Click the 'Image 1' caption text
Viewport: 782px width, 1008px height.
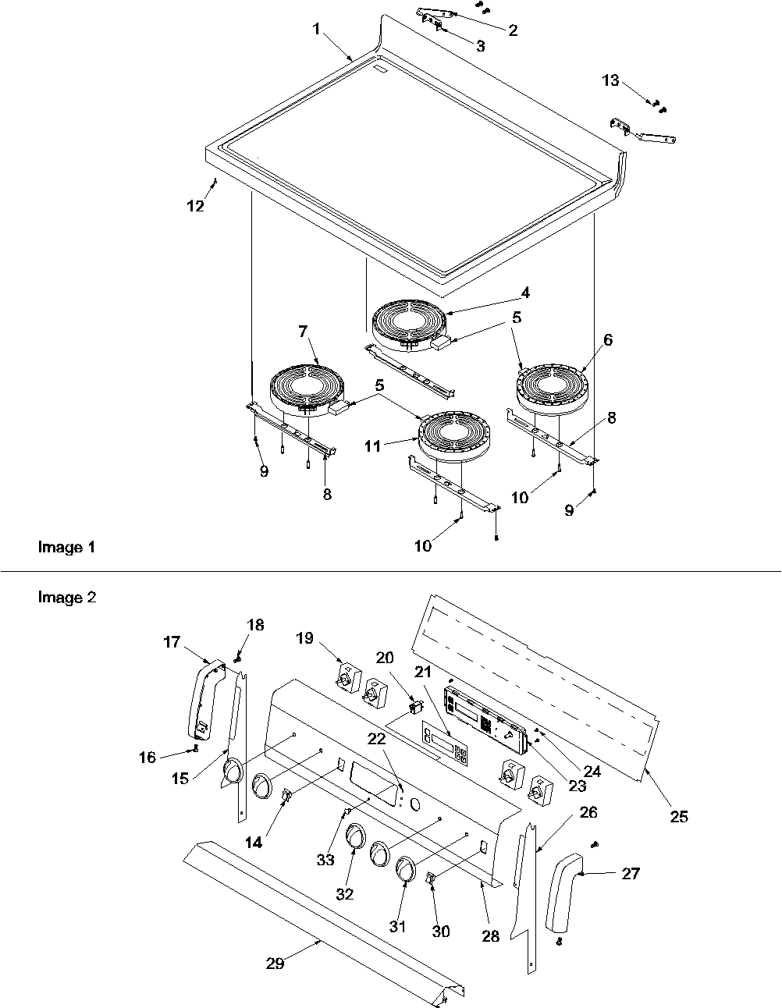(x=66, y=548)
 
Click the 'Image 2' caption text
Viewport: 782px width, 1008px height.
(x=66, y=598)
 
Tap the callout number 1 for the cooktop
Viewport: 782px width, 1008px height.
(x=316, y=29)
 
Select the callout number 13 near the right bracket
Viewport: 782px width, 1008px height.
(x=610, y=80)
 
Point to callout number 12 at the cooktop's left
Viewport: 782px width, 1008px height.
(x=195, y=206)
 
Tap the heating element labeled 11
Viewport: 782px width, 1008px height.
(x=451, y=433)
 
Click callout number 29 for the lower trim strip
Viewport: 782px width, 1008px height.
(x=275, y=963)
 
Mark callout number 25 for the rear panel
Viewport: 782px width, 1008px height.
(x=679, y=816)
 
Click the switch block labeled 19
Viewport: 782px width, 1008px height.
(x=344, y=673)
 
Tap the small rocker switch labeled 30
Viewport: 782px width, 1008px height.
(x=430, y=879)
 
